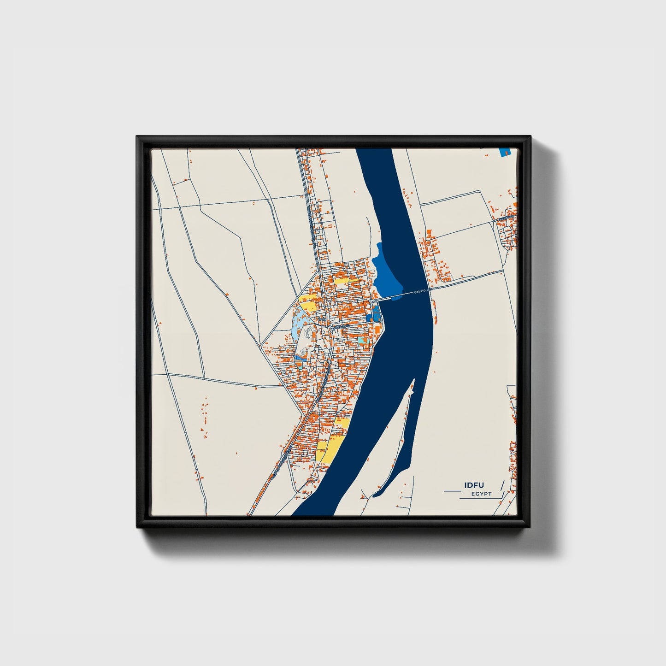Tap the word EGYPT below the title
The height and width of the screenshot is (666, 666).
481,494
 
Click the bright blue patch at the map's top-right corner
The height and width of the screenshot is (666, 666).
504,152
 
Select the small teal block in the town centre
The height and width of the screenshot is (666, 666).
362,340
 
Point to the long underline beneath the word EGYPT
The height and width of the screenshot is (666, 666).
479,498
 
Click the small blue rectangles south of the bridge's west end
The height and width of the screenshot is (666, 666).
373,317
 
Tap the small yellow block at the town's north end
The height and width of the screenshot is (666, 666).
342,280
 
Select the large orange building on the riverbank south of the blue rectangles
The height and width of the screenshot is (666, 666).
377,330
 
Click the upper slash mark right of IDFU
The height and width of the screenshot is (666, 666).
501,484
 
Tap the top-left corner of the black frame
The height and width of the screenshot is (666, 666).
137,137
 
